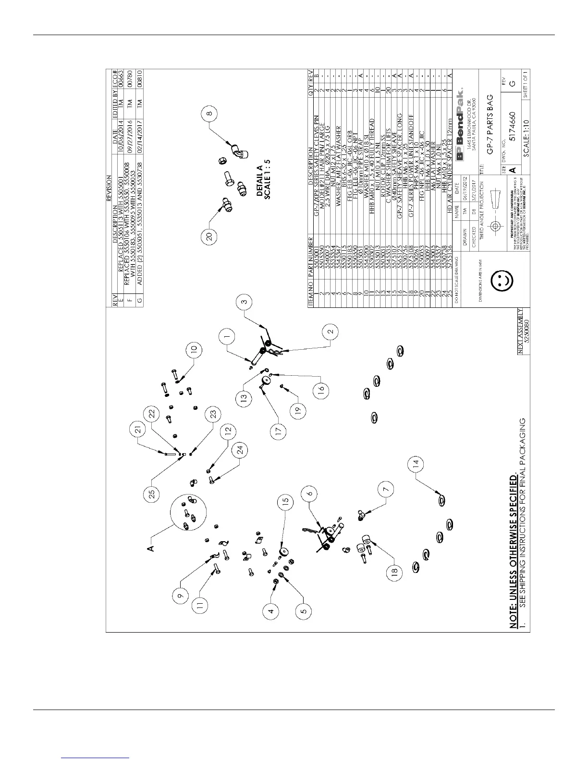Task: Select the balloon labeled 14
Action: pos(416,464)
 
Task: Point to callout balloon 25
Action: pos(152,496)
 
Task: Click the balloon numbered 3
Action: pos(245,302)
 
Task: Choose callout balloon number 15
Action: pos(285,501)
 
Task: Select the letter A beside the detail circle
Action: pos(150,548)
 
